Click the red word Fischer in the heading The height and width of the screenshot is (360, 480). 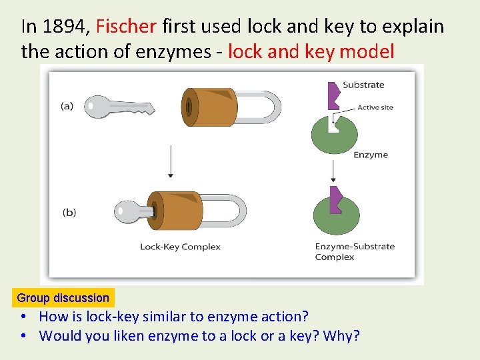click(x=126, y=27)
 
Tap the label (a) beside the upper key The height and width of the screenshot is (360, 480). click(x=67, y=106)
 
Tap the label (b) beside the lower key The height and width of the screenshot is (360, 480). click(x=69, y=213)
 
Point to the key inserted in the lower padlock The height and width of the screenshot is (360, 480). click(x=133, y=212)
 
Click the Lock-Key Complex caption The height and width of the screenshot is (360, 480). click(x=180, y=247)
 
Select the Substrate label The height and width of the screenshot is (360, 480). click(x=363, y=85)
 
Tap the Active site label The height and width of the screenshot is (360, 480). click(x=375, y=107)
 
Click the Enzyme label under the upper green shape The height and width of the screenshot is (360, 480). click(x=371, y=155)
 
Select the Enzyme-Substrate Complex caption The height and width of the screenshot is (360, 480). click(x=355, y=251)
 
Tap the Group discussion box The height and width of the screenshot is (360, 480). click(x=63, y=298)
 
